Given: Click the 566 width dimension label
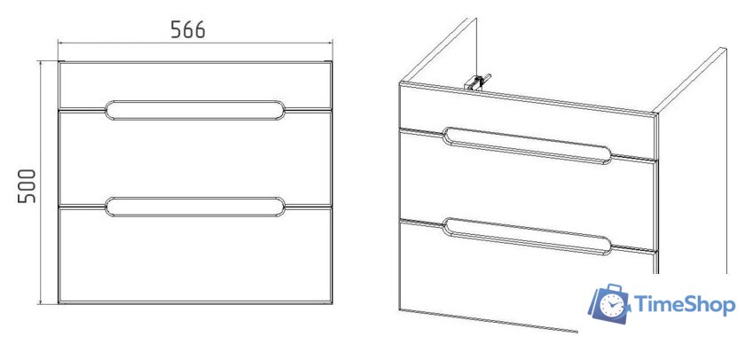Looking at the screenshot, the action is click(188, 30).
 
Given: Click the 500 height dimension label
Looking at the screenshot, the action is click(27, 185).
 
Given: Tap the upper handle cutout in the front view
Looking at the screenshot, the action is click(195, 110).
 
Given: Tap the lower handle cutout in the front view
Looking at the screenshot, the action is click(195, 207).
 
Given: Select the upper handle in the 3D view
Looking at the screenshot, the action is click(528, 145).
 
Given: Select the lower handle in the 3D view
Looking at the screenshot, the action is click(528, 237).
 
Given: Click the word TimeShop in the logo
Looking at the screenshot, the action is click(685, 304).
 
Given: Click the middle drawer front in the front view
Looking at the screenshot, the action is click(195, 159).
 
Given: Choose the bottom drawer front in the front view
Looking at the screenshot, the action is click(195, 256).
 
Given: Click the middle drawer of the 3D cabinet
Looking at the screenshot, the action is click(528, 195).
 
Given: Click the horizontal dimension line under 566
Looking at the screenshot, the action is click(195, 43).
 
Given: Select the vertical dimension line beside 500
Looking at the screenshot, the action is click(42, 183).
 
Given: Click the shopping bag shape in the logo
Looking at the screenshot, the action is click(608, 304).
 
